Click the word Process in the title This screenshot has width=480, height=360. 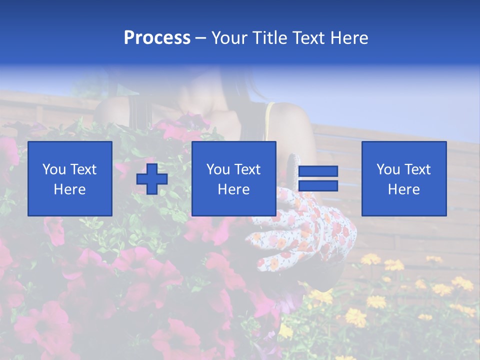coord(157,38)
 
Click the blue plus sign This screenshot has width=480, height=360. coord(152,179)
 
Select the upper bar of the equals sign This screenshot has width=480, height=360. coord(318,171)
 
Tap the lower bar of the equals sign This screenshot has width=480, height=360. coord(318,186)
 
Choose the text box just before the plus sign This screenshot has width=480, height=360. coord(70,178)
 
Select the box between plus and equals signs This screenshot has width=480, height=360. coord(233,178)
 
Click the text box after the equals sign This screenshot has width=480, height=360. coord(403,178)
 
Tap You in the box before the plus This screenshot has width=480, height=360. coord(54,169)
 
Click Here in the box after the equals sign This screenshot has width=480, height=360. coord(403,189)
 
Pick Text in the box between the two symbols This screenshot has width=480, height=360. coord(247,169)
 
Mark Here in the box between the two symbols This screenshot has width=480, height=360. coord(233,189)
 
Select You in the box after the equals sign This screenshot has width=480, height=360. coord(388,169)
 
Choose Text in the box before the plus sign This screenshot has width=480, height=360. coord(83,169)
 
